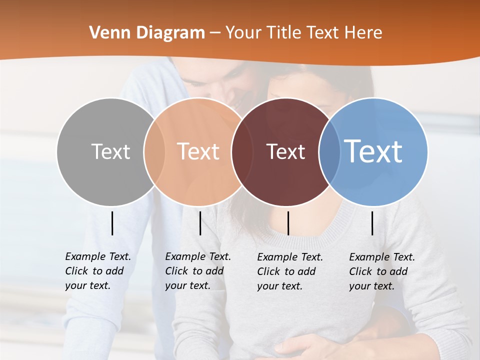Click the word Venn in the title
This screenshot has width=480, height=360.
(106, 33)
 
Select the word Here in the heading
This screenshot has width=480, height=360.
(364, 33)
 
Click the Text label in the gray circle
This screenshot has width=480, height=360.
(110, 151)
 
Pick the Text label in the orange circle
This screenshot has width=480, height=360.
(198, 151)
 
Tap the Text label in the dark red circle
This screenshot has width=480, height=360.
(285, 151)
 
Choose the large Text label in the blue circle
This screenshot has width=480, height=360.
(373, 151)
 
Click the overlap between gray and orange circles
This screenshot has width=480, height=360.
(154, 151)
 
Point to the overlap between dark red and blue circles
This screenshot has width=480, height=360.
(328, 151)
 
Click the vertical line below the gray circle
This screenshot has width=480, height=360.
(112, 223)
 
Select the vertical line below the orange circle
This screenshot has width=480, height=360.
(200, 223)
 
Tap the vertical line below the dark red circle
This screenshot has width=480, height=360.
(288, 223)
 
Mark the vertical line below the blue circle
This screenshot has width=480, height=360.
(372, 223)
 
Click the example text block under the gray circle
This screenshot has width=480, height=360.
(98, 271)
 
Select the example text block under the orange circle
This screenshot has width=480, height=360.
(198, 271)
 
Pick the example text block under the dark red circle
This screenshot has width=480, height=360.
(290, 271)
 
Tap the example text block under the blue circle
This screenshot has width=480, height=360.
(382, 271)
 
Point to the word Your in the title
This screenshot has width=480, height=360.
(244, 33)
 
